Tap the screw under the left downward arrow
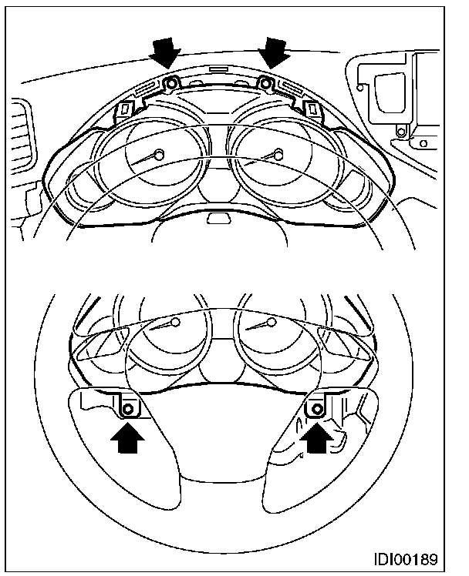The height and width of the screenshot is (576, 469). [172, 82]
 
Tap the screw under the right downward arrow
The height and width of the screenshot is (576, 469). [265, 82]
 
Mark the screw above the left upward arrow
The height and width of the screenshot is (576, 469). [129, 408]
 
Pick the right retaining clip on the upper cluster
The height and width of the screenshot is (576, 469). [315, 110]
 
